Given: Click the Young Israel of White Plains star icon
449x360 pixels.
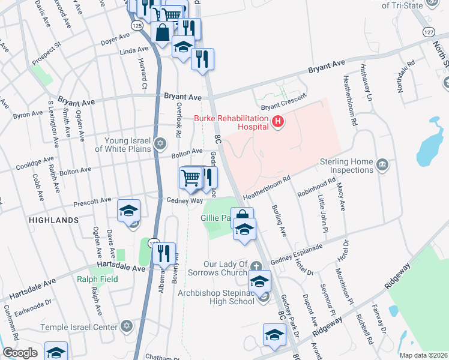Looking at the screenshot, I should [160, 143].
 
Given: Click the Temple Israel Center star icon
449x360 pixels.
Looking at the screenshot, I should [126, 327].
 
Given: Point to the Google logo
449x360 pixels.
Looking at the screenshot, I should [20, 353].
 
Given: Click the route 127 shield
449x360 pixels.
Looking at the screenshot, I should [428, 31].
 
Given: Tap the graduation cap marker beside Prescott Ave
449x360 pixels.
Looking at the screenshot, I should [128, 211].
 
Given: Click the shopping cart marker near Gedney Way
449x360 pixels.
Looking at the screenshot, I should [191, 177].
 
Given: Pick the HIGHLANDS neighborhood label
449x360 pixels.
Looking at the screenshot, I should [54, 220].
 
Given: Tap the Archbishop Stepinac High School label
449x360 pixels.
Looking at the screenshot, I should [217, 297].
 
